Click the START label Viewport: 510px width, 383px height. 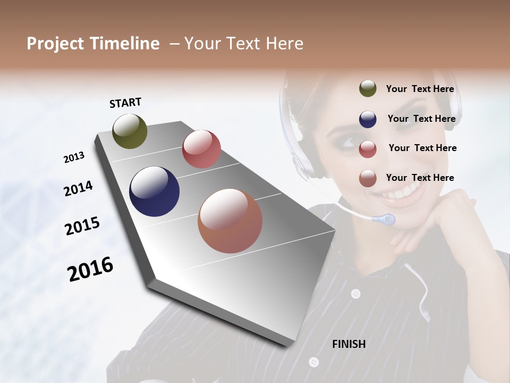pos(125,103)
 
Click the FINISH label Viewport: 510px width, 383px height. pos(348,344)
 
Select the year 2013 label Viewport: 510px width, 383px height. pos(74,157)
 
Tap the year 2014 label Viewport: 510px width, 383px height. pos(78,188)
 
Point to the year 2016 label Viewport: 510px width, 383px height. pos(90,269)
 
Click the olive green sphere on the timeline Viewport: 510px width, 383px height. pos(130,131)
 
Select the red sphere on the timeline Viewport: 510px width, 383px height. pos(201,149)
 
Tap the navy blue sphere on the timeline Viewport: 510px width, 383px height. pos(154,191)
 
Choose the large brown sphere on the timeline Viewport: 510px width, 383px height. pos(230,221)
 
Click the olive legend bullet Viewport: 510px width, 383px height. pos(368,89)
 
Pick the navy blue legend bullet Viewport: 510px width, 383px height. pos(368,119)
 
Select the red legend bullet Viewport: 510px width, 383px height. pos(368,149)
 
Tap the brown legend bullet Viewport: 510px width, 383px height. pos(368,178)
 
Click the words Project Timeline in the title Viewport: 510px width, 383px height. pos(93,44)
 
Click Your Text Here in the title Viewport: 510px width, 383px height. pos(244,44)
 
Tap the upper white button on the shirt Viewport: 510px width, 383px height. pos(355,294)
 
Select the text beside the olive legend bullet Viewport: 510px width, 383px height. pos(420,89)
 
